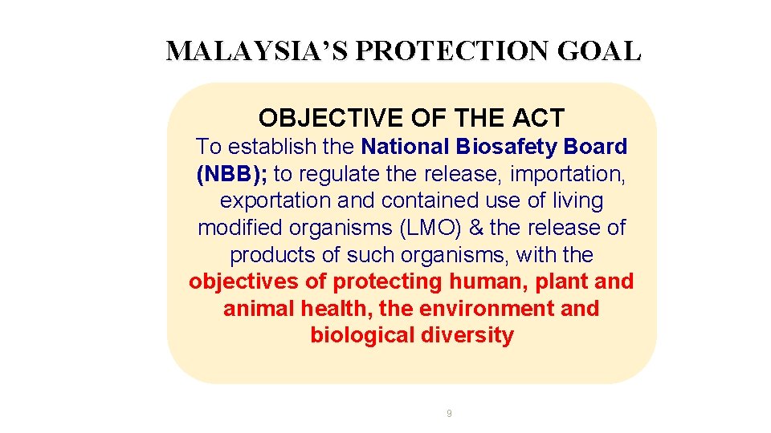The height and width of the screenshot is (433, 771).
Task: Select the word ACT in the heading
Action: pos(537,118)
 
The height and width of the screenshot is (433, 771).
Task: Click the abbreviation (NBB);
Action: pos(232,174)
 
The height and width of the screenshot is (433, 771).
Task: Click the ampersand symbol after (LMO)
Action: pos(475,228)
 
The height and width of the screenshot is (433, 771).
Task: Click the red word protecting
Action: pos(388,282)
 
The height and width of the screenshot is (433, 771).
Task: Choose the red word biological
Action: pos(362,335)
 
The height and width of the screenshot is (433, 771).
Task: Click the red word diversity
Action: pos(467,335)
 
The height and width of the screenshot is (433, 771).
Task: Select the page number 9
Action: pos(449,414)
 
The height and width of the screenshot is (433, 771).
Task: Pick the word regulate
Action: pos(342,174)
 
